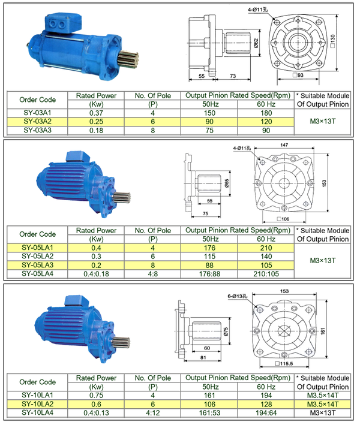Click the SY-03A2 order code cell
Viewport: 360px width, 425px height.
pos(37,122)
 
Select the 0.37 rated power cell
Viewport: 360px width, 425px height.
pos(97,113)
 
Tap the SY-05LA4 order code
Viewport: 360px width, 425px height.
pos(37,274)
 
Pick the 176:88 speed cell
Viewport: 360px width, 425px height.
pos(209,274)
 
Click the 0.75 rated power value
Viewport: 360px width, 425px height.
pos(97,396)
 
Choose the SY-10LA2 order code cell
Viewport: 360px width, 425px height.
pos(37,404)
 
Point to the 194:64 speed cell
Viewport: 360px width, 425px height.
pos(266,413)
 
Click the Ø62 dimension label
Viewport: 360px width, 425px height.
pos(256,43)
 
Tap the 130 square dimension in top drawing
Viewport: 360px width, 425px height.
pos(333,41)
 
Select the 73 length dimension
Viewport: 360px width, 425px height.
pos(233,76)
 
